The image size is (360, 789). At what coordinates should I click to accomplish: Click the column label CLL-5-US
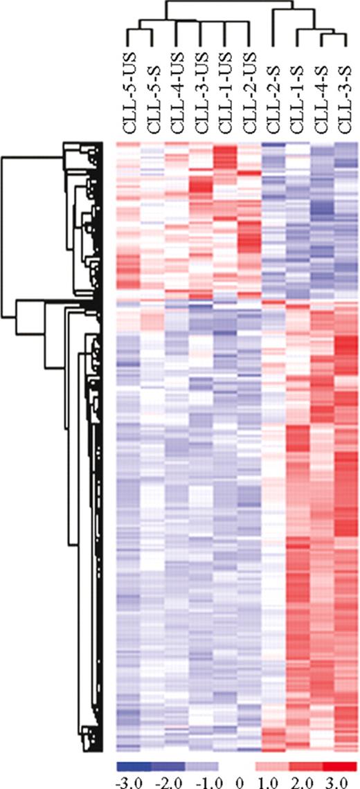click(x=127, y=90)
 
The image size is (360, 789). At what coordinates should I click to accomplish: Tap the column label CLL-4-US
click(x=177, y=90)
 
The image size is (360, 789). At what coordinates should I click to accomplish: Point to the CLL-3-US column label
click(x=201, y=90)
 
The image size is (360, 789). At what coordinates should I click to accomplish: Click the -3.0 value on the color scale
click(x=127, y=780)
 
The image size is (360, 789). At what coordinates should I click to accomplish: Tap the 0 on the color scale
click(x=238, y=780)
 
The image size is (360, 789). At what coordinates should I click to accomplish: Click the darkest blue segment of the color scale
click(x=134, y=765)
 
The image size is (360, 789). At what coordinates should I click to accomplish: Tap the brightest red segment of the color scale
click(x=340, y=765)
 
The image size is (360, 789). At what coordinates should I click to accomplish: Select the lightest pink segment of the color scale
click(x=272, y=765)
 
